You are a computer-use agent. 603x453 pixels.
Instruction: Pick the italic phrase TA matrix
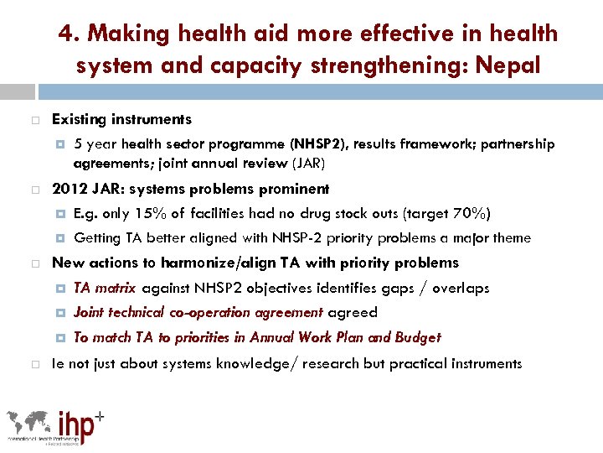click(x=105, y=288)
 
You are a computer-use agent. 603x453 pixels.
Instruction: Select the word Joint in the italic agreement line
click(x=90, y=312)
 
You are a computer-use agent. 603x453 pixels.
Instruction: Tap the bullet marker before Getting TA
click(x=61, y=238)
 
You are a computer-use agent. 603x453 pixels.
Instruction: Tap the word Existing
click(x=80, y=119)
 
